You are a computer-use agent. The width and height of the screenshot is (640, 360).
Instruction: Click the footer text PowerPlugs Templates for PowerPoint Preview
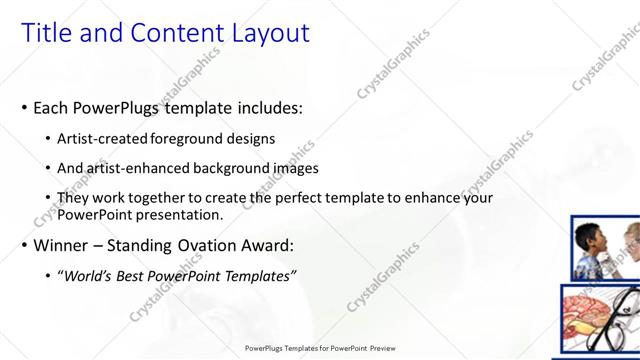pyautogui.click(x=319, y=349)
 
